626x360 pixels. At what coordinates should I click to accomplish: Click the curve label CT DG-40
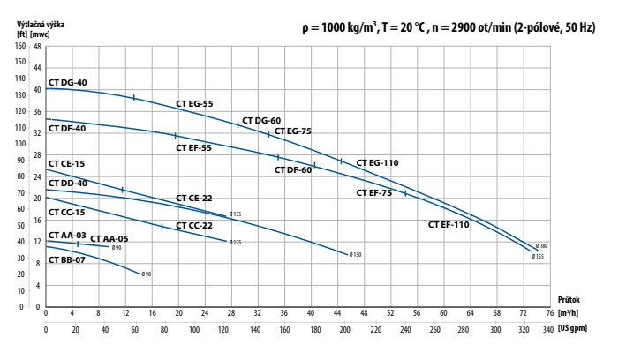pyautogui.click(x=67, y=83)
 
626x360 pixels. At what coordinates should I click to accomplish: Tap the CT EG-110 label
pyautogui.click(x=377, y=163)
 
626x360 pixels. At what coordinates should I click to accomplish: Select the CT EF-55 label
pyautogui.click(x=193, y=148)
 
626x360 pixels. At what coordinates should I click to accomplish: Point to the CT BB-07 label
pyautogui.click(x=67, y=260)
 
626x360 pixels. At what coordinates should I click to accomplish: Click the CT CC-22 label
pyautogui.click(x=194, y=226)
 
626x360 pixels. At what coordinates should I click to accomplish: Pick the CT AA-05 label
pyautogui.click(x=109, y=238)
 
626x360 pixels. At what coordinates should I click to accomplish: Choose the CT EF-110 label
pyautogui.click(x=449, y=225)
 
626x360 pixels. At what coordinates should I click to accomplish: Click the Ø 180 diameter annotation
pyautogui.click(x=541, y=246)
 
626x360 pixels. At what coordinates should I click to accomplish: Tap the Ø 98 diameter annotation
pyautogui.click(x=146, y=274)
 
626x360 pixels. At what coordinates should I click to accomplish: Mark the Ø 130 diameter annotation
pyautogui.click(x=355, y=255)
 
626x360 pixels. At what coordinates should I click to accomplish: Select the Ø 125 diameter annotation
pyautogui.click(x=235, y=243)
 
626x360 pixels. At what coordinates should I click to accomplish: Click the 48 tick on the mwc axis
pyautogui.click(x=37, y=47)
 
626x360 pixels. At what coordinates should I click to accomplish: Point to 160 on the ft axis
pyautogui.click(x=20, y=46)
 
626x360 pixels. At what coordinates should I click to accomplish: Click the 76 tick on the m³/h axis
pyautogui.click(x=550, y=313)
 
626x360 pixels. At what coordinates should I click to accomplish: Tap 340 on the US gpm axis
pyautogui.click(x=548, y=330)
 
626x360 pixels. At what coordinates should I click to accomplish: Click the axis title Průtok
pyautogui.click(x=569, y=300)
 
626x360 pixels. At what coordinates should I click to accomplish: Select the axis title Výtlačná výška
pyautogui.click(x=41, y=25)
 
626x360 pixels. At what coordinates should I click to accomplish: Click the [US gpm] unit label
pyautogui.click(x=572, y=329)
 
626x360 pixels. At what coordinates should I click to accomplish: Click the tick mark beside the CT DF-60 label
pyautogui.click(x=314, y=165)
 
